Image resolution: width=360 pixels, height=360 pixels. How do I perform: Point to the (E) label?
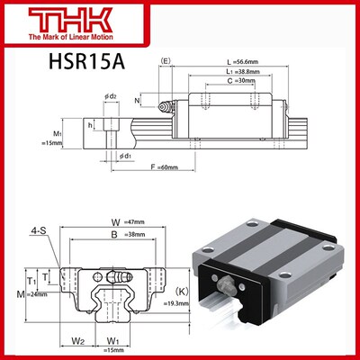coord(165,62)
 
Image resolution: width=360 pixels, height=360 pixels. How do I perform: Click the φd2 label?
coord(110,96)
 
